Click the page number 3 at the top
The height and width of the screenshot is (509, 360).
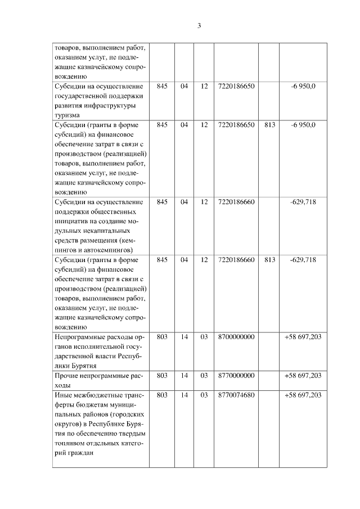199,25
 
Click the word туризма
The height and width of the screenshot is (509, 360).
67,115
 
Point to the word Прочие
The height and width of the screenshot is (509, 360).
67,375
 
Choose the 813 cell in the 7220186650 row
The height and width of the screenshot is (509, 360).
269,124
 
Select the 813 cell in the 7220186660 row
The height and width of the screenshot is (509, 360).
269,260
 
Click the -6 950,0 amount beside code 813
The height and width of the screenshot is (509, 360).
303,124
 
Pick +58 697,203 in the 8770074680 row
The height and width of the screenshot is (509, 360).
303,395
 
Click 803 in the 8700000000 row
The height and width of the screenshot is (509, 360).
162,337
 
